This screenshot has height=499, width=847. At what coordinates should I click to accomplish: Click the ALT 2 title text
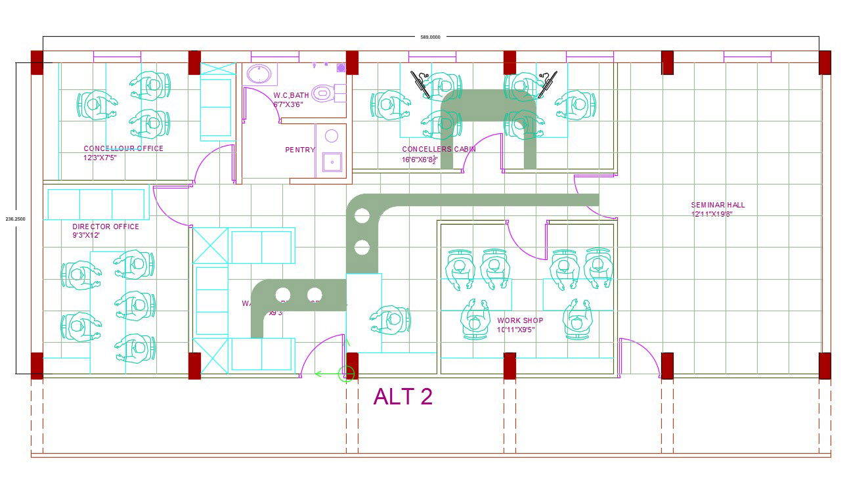tap(402, 397)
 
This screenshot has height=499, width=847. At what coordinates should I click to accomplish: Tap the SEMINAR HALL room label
tap(718, 205)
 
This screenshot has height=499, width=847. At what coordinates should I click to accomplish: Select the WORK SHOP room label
tap(520, 320)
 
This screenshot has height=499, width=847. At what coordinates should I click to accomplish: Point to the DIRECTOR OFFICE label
tap(106, 227)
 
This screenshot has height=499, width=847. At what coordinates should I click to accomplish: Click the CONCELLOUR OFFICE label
tap(123, 148)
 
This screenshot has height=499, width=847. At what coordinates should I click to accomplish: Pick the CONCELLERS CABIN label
tap(439, 149)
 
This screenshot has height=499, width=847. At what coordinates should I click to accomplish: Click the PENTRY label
tap(299, 150)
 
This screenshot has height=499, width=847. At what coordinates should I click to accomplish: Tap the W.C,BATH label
tap(291, 95)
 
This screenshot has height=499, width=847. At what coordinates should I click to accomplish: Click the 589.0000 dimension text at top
tap(430, 37)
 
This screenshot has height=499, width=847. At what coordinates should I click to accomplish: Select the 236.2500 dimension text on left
tap(15, 219)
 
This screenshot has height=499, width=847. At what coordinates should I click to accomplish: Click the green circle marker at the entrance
tap(346, 374)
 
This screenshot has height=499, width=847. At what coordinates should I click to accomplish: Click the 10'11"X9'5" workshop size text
tap(516, 330)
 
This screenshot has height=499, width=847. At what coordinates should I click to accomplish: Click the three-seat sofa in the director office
tap(96, 204)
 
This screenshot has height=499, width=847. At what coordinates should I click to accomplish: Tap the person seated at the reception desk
tap(392, 320)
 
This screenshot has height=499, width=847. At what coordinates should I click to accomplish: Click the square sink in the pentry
tap(332, 161)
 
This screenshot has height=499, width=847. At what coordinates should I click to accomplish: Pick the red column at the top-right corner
tap(825, 63)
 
